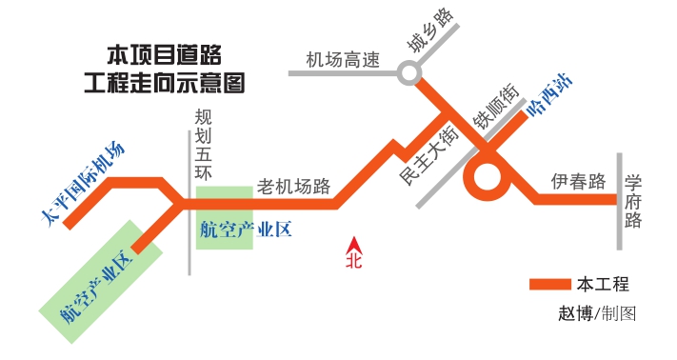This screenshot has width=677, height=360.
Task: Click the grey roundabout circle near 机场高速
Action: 409,71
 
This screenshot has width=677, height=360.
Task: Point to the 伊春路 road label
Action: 578,181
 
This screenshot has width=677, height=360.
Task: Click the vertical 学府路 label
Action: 634,201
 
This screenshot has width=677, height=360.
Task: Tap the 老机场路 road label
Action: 293,187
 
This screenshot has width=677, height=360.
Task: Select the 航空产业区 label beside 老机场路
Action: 245,229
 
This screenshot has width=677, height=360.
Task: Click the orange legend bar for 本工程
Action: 548,284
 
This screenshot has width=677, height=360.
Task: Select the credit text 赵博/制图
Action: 597,312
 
